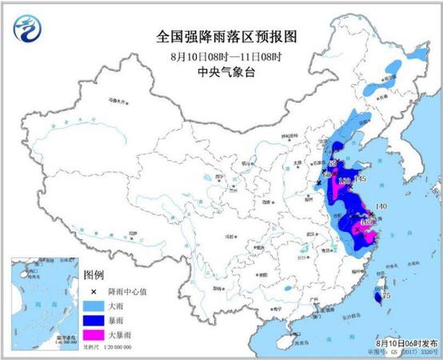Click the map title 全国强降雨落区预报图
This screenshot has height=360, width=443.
click(222, 36)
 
